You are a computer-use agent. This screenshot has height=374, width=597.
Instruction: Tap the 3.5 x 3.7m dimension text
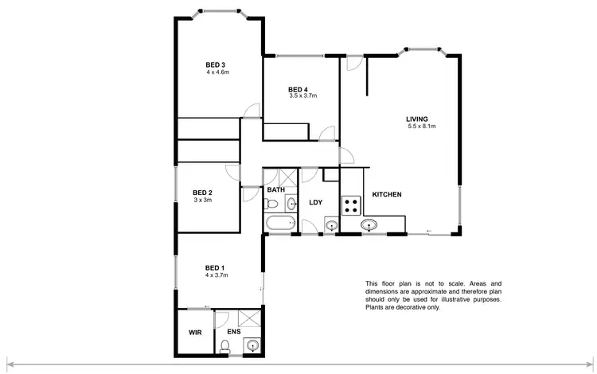(302, 95)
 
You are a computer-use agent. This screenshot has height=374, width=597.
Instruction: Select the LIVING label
(417, 119)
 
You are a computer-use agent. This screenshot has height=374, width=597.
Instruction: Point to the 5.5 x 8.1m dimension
(422, 127)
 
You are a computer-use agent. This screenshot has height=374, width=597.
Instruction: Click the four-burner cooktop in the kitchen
(351, 207)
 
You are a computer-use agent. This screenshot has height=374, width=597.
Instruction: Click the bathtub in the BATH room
(279, 224)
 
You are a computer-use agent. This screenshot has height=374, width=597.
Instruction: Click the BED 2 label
(203, 193)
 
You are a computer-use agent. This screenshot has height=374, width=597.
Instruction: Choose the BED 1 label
(216, 267)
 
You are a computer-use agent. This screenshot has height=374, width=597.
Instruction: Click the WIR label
(195, 331)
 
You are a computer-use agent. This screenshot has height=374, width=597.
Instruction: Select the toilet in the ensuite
(225, 346)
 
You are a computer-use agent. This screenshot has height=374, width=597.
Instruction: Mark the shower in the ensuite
(250, 319)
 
